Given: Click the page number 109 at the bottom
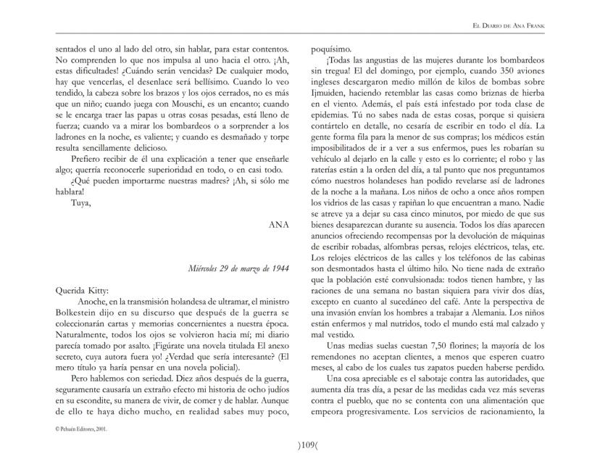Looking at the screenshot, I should click(x=299, y=445).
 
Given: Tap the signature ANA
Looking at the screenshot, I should click(x=279, y=225).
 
